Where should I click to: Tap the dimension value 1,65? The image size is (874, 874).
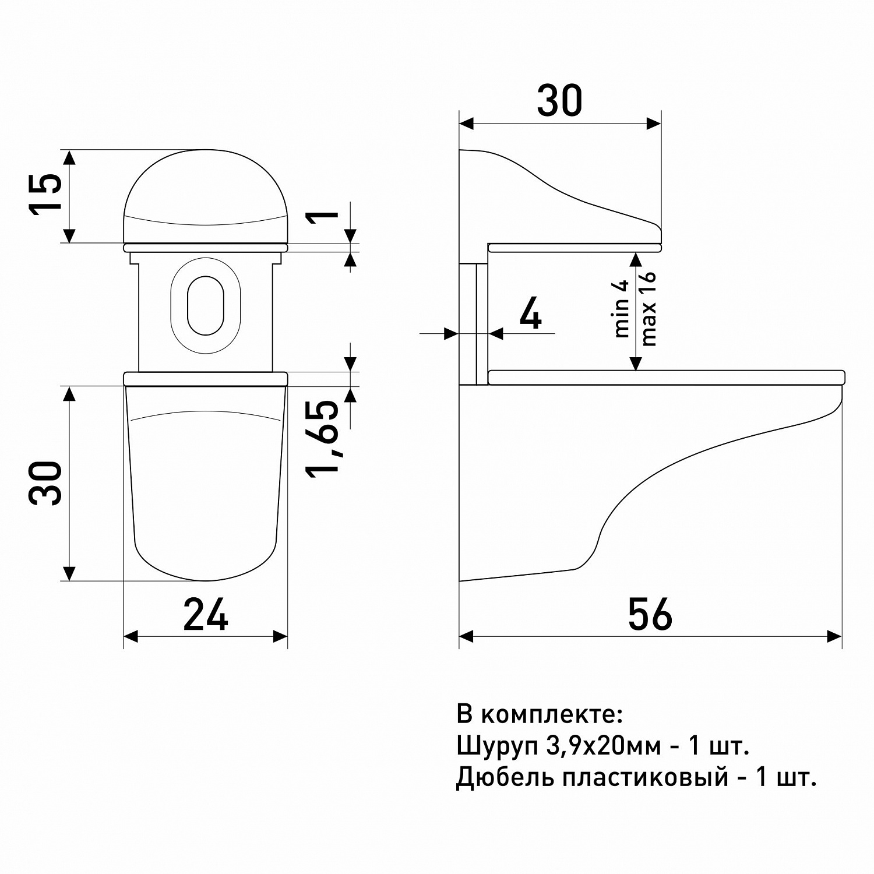click(x=324, y=438)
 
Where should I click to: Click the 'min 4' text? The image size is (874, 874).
click(x=622, y=309)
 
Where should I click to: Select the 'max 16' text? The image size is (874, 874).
click(x=648, y=309)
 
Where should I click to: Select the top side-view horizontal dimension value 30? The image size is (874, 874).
click(x=559, y=100)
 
